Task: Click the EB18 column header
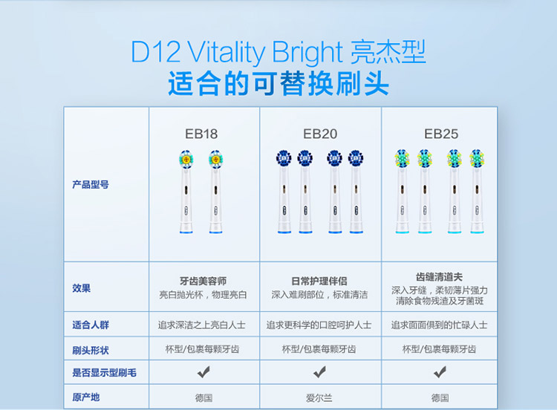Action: click(201, 134)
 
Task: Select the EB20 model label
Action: click(320, 134)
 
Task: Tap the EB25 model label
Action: click(441, 134)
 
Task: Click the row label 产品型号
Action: click(91, 184)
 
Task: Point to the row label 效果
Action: click(82, 288)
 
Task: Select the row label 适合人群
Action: click(91, 325)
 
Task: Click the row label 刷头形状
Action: click(91, 351)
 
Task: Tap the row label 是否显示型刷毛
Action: click(104, 373)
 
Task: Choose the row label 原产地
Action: click(86, 397)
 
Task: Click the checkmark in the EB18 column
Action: click(203, 372)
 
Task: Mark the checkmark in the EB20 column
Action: click(319, 372)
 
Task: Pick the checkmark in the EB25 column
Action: click(440, 372)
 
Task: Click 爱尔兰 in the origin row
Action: click(319, 398)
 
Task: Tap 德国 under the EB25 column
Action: click(440, 398)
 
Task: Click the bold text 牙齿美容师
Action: click(203, 282)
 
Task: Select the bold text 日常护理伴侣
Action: click(319, 282)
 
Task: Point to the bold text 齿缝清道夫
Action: click(440, 277)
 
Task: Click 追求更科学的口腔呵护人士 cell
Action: click(319, 325)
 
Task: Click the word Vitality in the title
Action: click(227, 53)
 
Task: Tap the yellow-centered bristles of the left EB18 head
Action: click(186, 159)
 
